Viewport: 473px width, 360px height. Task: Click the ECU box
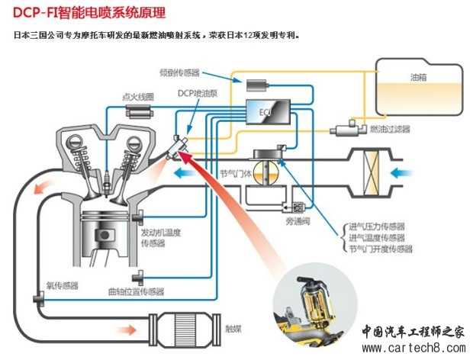tap(268, 113)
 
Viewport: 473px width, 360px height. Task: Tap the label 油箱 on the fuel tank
tap(419, 78)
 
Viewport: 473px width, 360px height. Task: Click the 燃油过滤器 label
tap(390, 129)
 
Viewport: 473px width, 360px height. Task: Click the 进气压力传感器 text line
tap(376, 227)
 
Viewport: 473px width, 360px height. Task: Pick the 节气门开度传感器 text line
tap(380, 249)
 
